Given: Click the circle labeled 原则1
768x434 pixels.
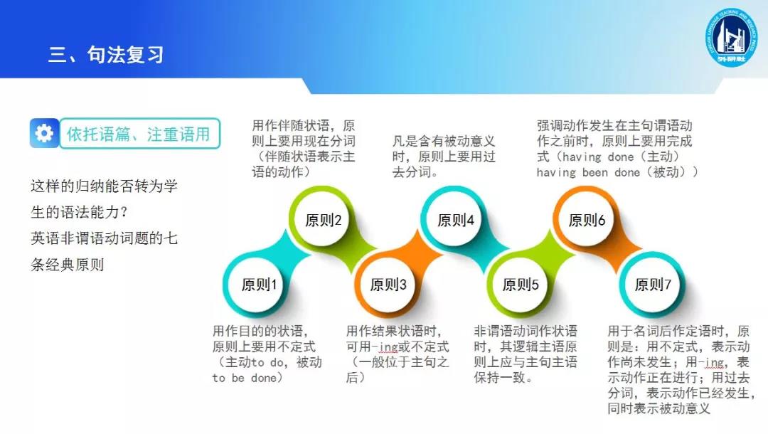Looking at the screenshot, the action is coord(259,284).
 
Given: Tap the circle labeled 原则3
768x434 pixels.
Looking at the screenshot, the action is coord(388,284).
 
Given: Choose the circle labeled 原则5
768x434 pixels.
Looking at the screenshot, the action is coord(521,284).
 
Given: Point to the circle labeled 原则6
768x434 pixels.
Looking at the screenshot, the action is coord(587,220).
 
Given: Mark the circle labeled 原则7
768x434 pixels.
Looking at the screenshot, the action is coord(653,284).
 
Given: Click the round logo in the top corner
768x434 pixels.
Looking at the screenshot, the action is coord(731,37).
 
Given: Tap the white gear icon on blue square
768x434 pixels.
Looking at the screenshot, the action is coord(44,133).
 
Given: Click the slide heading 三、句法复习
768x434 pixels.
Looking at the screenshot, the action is coord(106,54).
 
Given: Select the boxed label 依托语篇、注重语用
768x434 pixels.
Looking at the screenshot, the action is coord(139,133).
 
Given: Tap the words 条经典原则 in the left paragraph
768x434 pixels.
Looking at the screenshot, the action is coord(67,265).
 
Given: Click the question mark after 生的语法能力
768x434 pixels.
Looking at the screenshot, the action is coord(124,212).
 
